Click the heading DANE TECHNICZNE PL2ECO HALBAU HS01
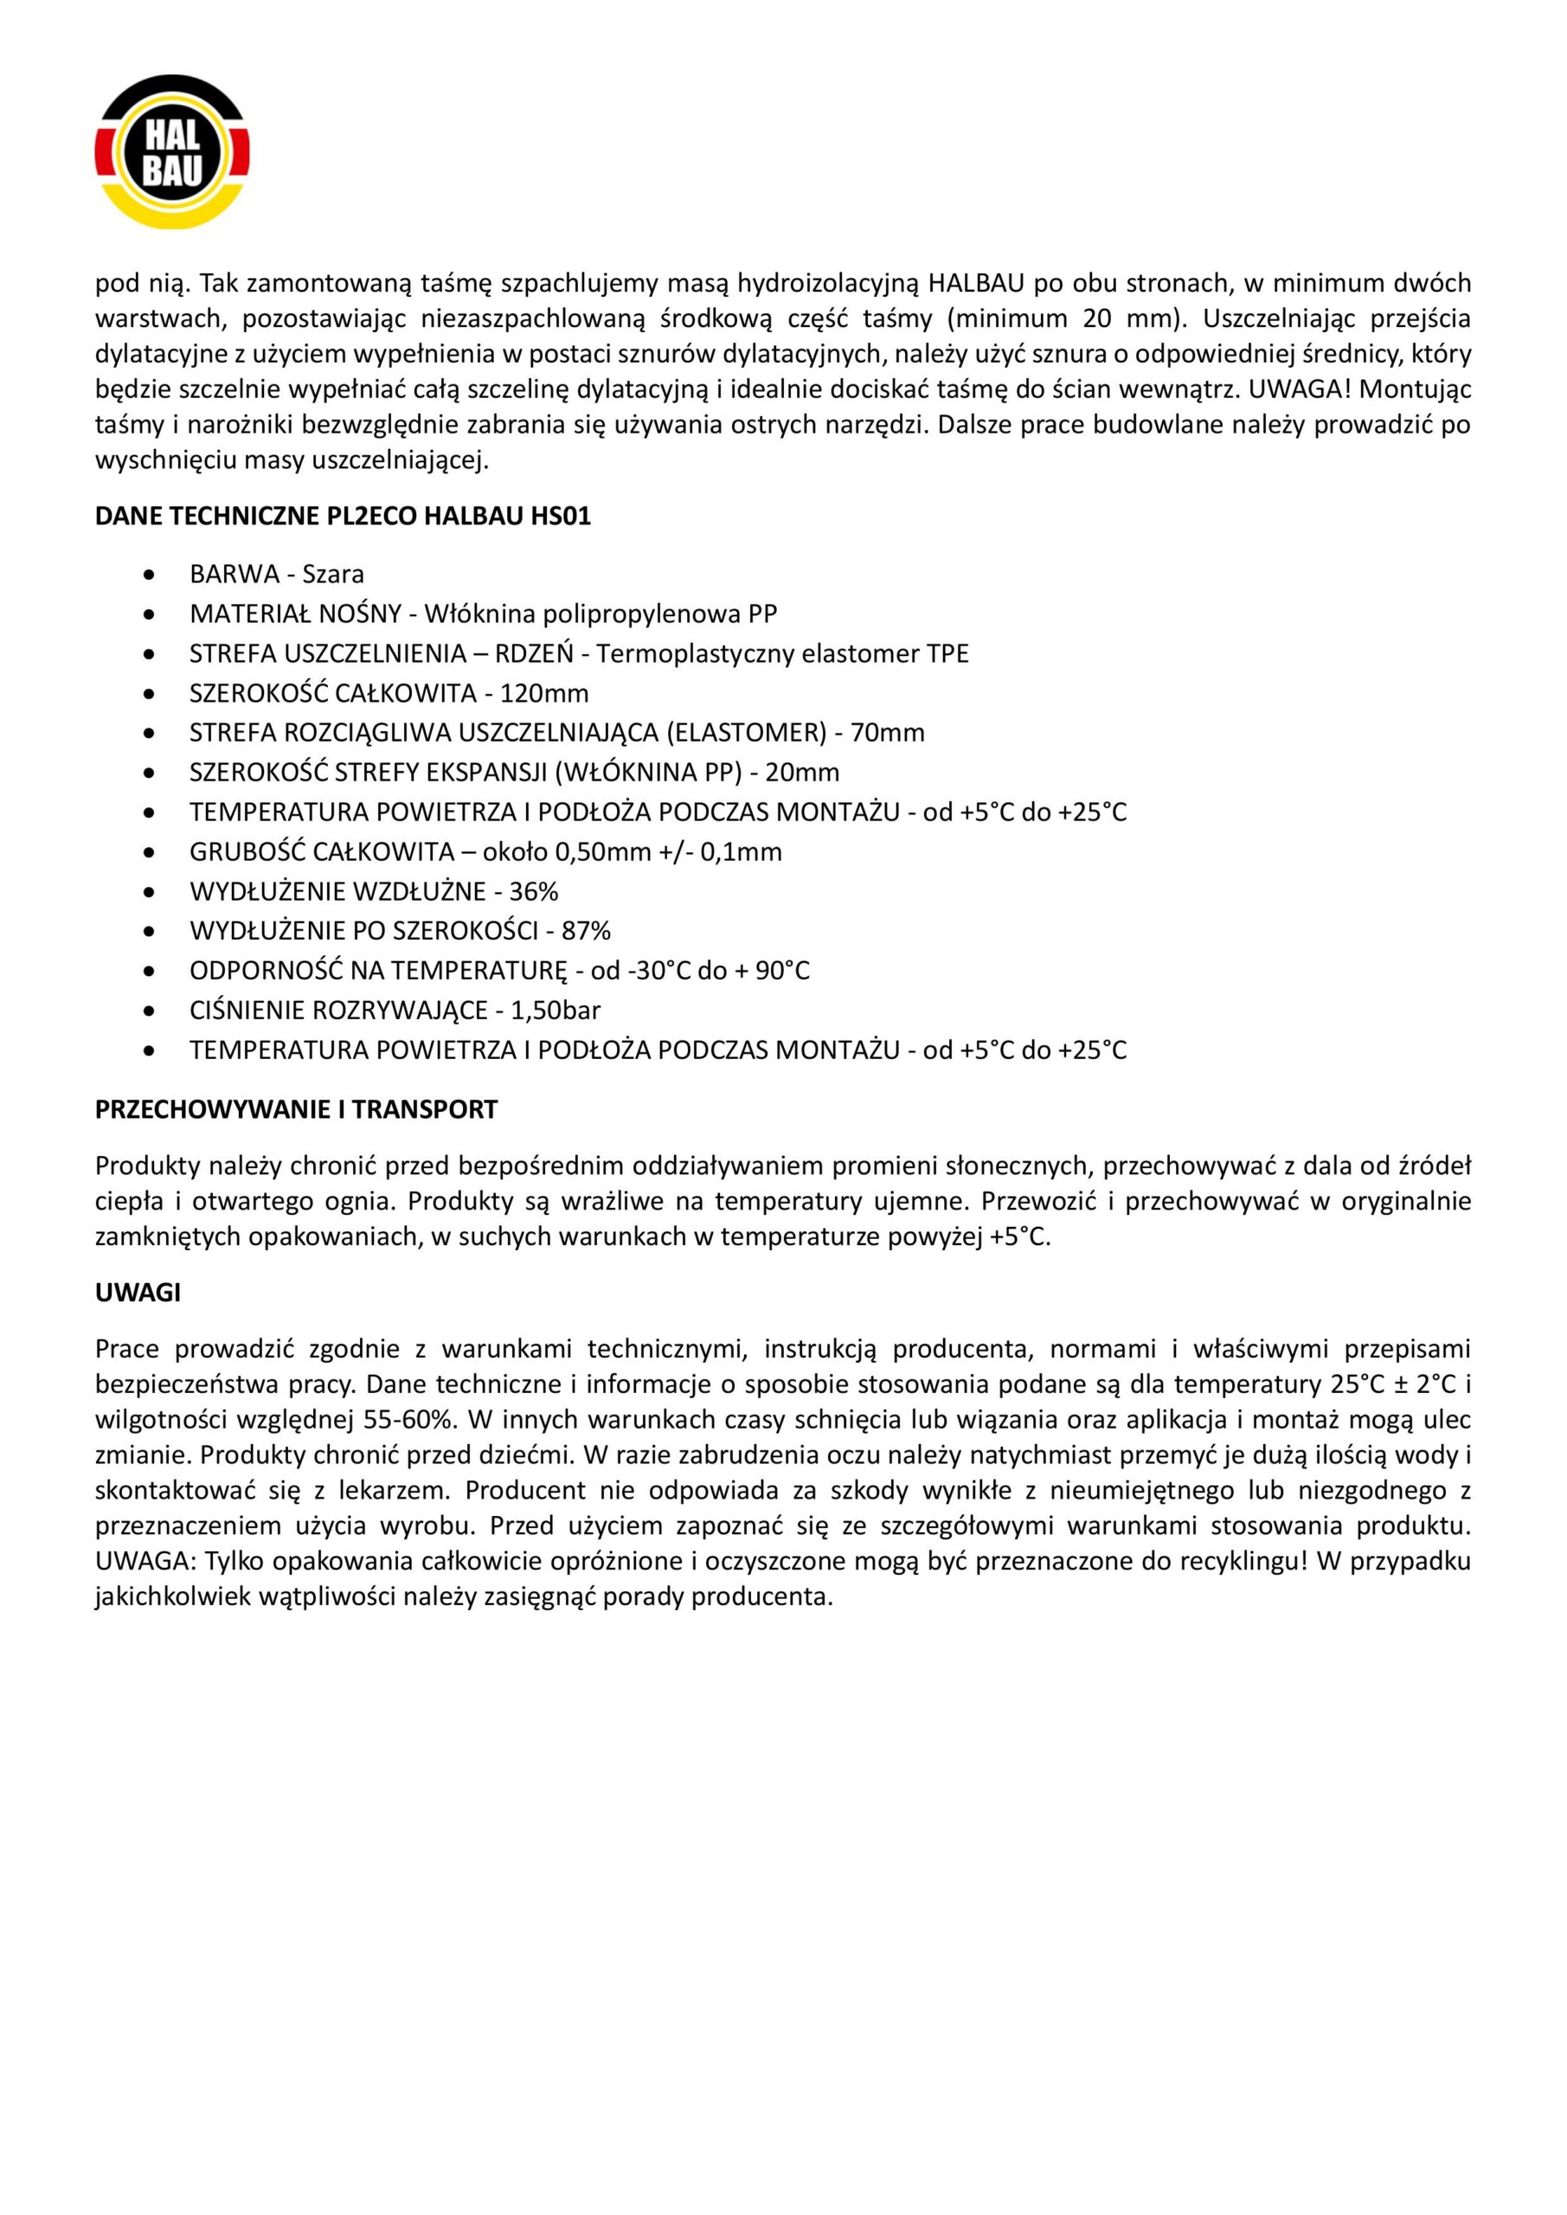click(343, 517)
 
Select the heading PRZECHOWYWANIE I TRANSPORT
click(296, 1109)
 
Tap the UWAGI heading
click(138, 1293)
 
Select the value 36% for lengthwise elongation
click(534, 890)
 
